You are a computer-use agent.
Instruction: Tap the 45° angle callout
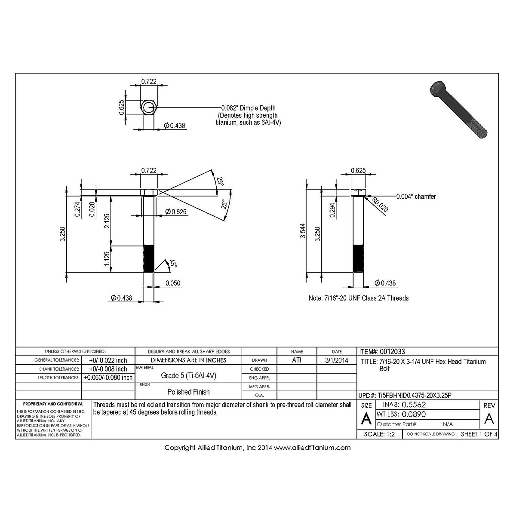[x=173, y=264]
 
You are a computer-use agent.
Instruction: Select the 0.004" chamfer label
[x=416, y=197]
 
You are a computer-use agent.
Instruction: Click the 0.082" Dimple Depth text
[x=248, y=108]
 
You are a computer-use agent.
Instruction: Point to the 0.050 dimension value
[x=173, y=283]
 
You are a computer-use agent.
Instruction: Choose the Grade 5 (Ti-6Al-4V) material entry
[x=188, y=375]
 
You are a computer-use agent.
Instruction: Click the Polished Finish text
[x=188, y=392]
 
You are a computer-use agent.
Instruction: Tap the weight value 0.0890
[x=414, y=415]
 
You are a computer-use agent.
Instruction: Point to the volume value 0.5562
[x=414, y=405]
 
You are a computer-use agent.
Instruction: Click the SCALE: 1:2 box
[x=379, y=434]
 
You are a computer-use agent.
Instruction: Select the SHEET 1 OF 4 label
[x=479, y=434]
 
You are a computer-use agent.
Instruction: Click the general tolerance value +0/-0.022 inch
[x=108, y=360]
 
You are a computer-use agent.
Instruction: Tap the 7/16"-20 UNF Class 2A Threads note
[x=359, y=298]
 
